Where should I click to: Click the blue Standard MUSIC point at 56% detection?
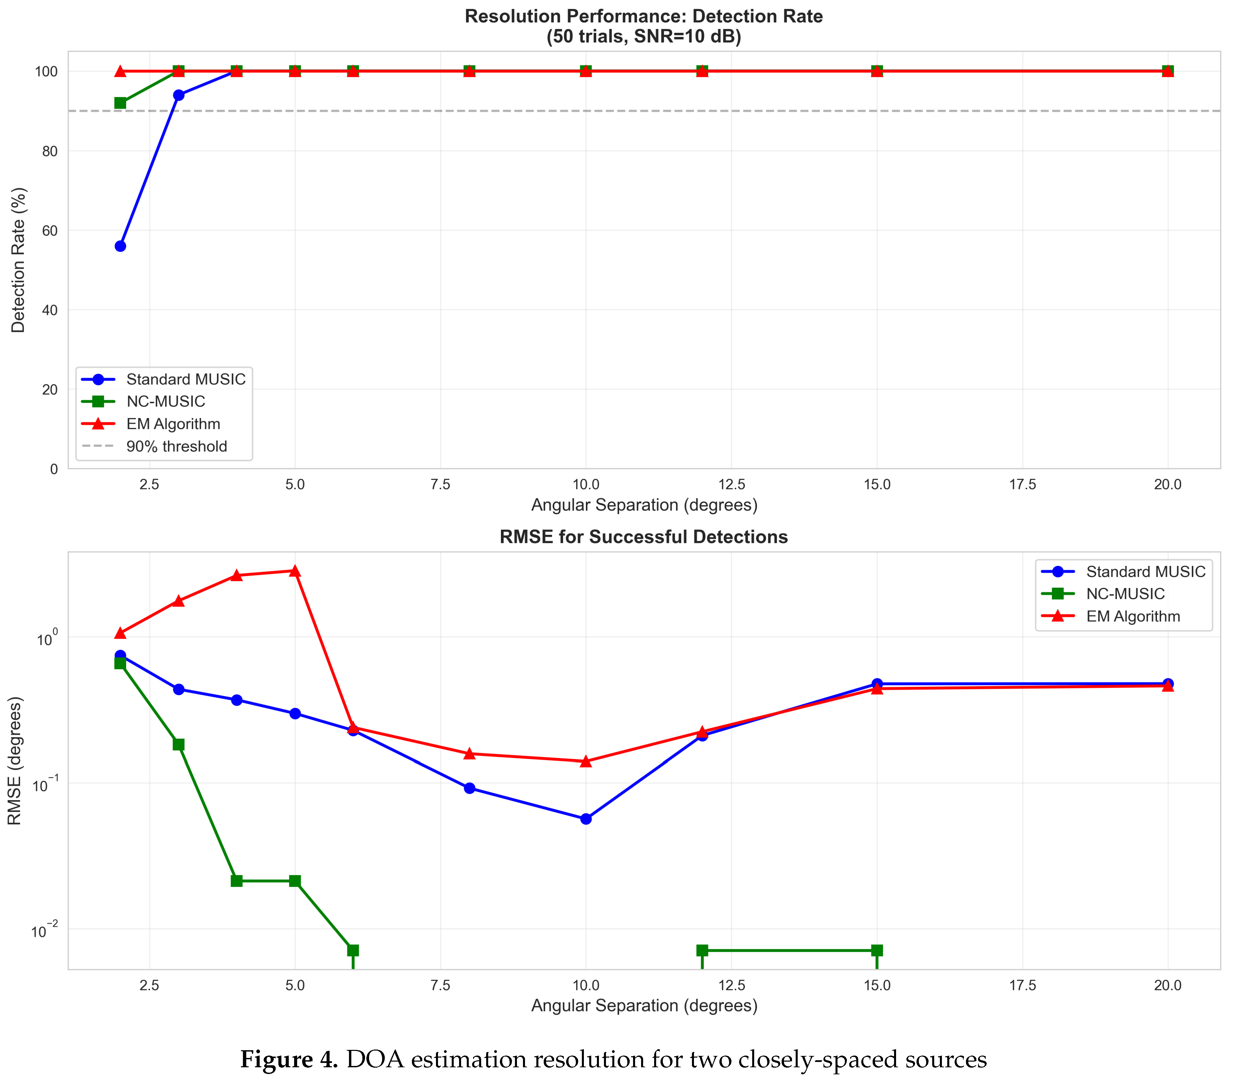click(120, 246)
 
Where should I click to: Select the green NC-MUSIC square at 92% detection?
click(120, 103)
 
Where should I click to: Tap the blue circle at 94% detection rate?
click(178, 95)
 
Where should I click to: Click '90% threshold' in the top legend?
click(177, 446)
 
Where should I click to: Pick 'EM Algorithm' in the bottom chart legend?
click(1133, 616)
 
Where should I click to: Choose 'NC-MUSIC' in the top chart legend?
click(166, 401)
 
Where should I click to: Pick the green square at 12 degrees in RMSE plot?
click(702, 950)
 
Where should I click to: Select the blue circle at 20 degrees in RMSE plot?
click(1168, 683)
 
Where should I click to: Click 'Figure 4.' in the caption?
click(289, 1059)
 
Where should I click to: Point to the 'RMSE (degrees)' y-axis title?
click(15, 761)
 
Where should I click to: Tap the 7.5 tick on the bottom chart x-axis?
click(441, 986)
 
